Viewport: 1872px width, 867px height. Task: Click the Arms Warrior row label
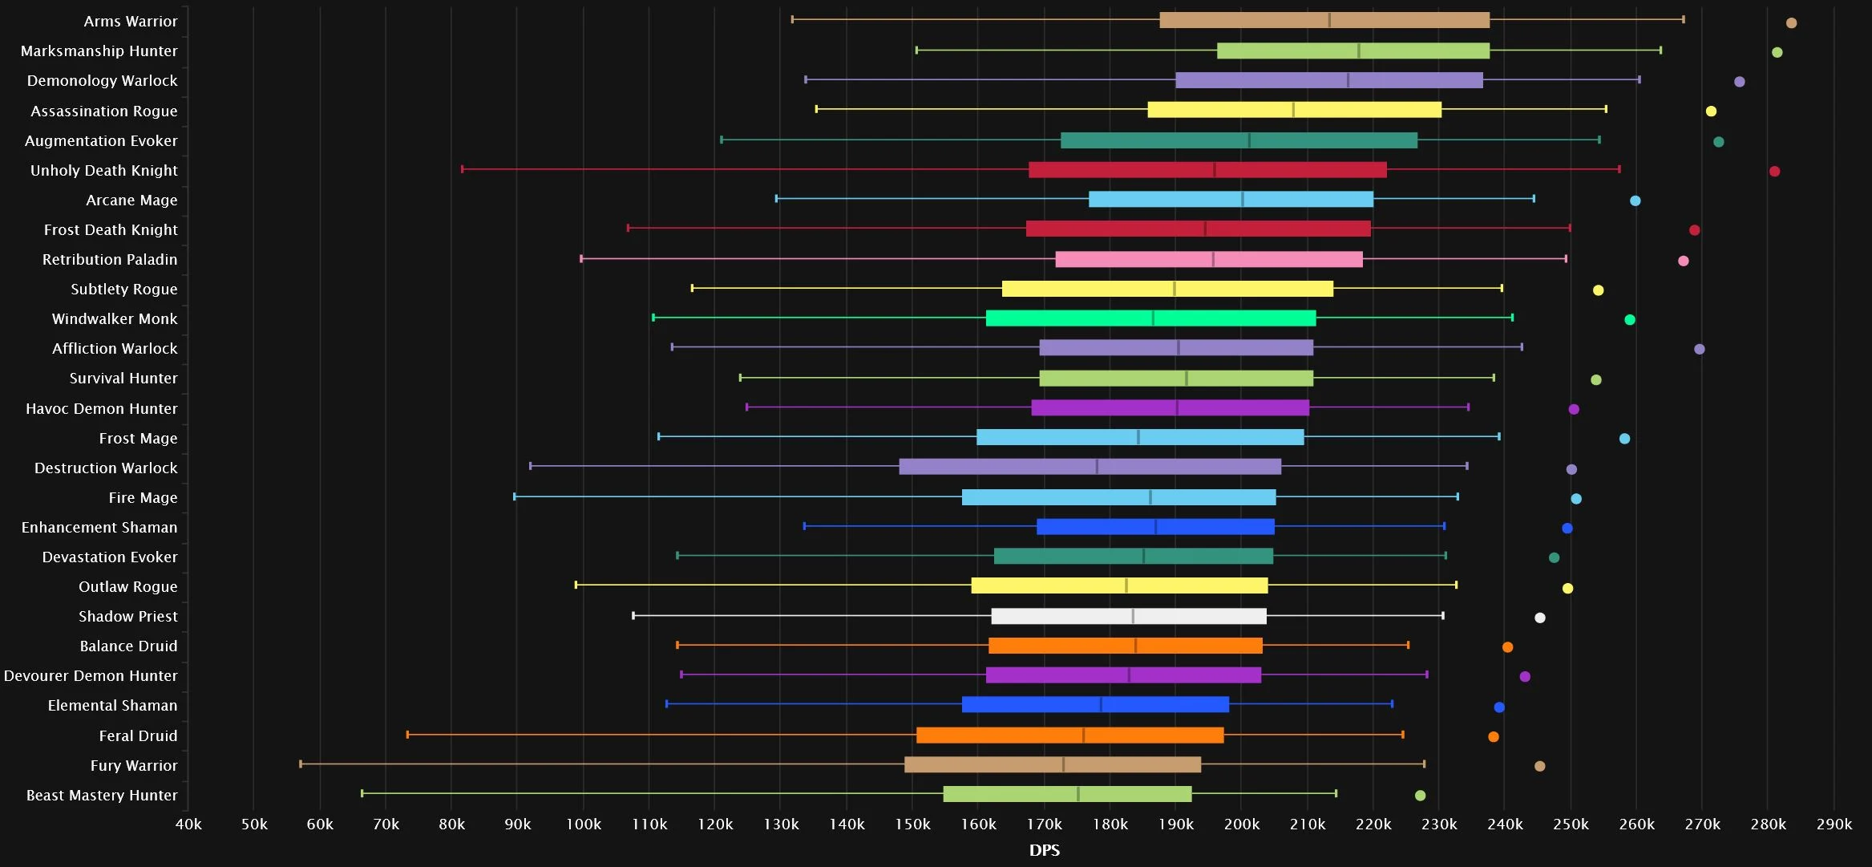click(x=131, y=22)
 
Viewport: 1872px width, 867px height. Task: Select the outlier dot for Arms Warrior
click(x=1791, y=23)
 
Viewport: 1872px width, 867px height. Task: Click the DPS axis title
click(x=1045, y=850)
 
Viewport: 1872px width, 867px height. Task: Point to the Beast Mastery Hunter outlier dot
click(x=1420, y=796)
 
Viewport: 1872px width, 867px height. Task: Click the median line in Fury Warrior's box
click(x=1063, y=764)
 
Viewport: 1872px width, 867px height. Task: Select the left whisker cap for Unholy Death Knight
click(x=463, y=169)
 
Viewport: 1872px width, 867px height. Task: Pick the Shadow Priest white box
click(x=1129, y=616)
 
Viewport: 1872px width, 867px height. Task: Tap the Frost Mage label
click(x=138, y=439)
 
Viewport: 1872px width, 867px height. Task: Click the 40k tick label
click(x=188, y=824)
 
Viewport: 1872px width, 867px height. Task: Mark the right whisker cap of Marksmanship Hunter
click(x=1660, y=50)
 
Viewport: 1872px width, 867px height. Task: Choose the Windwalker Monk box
click(x=1150, y=318)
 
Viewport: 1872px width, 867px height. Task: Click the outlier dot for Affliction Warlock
click(x=1699, y=349)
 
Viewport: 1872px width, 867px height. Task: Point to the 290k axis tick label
click(x=1834, y=824)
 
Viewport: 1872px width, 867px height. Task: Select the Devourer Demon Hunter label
click(x=91, y=676)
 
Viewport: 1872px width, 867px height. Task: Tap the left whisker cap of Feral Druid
click(x=407, y=735)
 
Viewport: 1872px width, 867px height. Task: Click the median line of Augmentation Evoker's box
click(x=1249, y=140)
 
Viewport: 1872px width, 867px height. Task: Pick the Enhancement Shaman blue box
click(x=1155, y=527)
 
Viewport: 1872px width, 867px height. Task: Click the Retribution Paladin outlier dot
click(x=1683, y=261)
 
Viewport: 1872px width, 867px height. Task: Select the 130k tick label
click(x=781, y=824)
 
